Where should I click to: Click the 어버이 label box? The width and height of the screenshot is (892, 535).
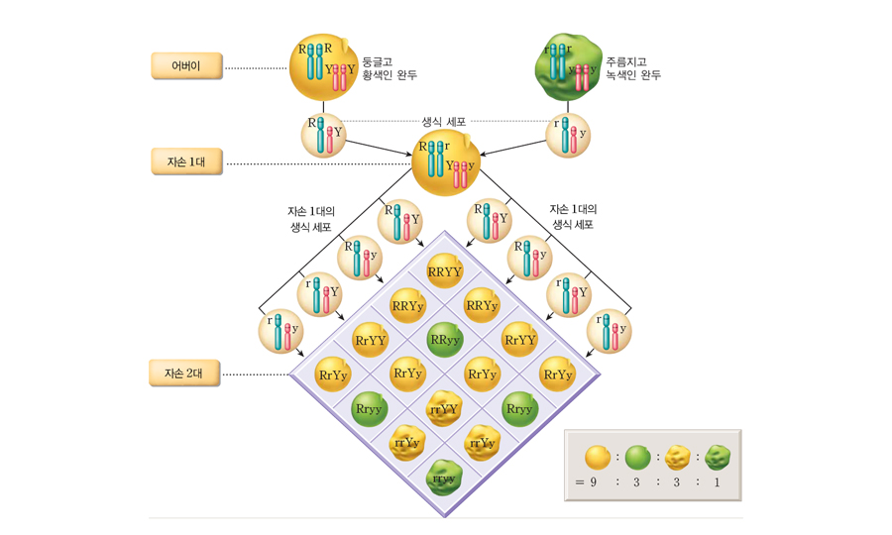tap(186, 66)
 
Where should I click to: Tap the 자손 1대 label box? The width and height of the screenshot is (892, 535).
tap(186, 161)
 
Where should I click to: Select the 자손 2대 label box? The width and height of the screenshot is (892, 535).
tap(186, 374)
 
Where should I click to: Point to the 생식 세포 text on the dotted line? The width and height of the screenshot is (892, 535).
tap(443, 122)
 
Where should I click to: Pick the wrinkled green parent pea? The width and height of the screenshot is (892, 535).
tap(567, 66)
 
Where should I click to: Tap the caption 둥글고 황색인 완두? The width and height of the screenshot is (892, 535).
tap(390, 68)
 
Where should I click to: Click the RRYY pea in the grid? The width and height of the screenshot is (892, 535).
tap(445, 270)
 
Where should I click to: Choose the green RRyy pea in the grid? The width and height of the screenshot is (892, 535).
tap(445, 340)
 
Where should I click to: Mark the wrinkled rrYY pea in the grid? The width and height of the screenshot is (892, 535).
tap(445, 408)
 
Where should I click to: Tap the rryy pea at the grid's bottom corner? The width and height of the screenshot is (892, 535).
tap(445, 479)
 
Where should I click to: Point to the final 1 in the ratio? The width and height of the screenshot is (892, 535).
tap(718, 482)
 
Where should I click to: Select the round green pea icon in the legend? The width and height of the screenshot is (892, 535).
tap(637, 457)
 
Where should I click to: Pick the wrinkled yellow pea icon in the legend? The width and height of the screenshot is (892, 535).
tap(678, 457)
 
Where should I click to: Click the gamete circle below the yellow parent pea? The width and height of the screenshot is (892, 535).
tap(323, 135)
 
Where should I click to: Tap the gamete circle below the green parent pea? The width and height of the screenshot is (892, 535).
tap(568, 135)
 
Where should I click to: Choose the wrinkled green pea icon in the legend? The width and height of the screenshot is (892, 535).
tap(718, 457)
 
